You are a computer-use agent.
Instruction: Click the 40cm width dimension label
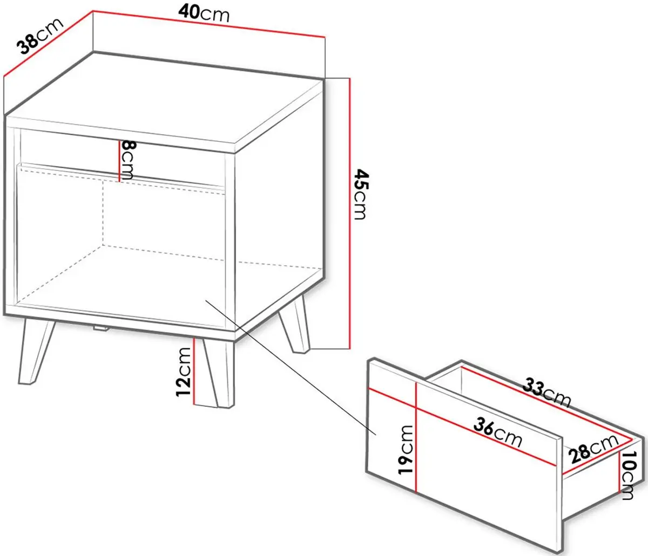tap(204, 13)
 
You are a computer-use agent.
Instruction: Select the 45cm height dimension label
tap(360, 195)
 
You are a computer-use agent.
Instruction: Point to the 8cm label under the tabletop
tap(128, 160)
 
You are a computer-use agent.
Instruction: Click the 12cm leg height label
tap(184, 372)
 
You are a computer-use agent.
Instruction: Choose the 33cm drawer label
tap(546, 393)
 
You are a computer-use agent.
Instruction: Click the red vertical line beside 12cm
tap(195, 372)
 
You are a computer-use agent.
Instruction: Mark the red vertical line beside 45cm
tap(349, 214)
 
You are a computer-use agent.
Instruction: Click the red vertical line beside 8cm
tap(119, 161)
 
